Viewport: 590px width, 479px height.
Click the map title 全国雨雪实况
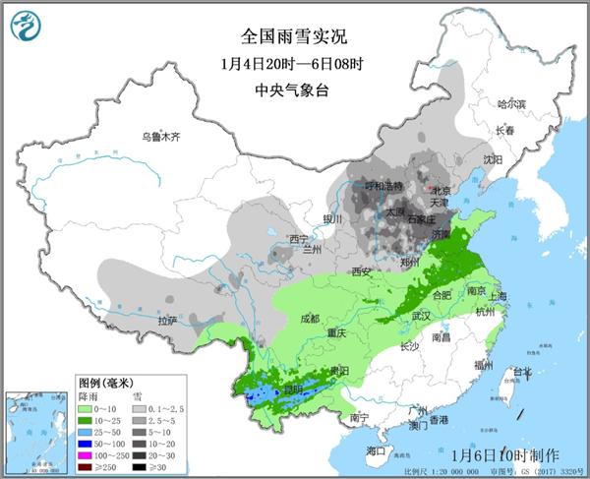click(x=294, y=37)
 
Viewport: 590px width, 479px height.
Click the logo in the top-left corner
click(x=29, y=30)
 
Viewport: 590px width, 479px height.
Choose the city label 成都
click(x=310, y=318)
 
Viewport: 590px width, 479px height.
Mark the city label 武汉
click(x=422, y=314)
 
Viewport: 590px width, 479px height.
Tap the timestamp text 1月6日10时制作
click(x=505, y=454)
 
